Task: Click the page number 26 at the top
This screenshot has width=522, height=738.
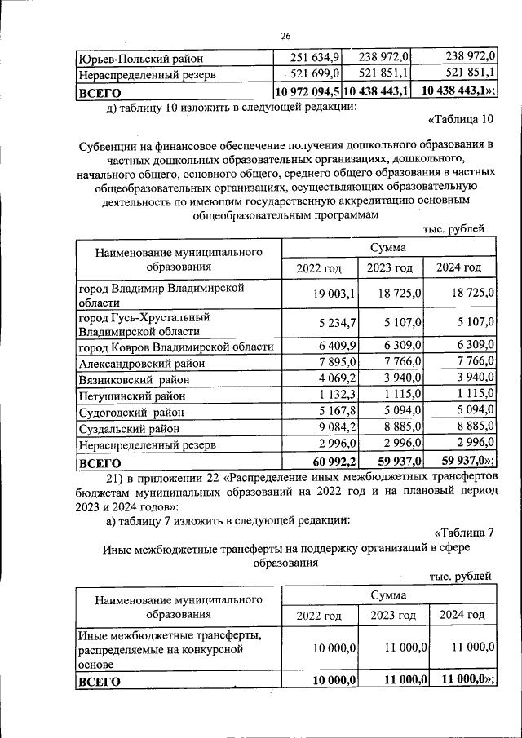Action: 286,35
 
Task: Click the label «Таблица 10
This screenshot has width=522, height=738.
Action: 461,122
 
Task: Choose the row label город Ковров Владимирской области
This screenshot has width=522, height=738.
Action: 175,347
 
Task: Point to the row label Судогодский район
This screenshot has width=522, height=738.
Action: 130,412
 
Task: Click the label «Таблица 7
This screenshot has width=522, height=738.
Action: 464,533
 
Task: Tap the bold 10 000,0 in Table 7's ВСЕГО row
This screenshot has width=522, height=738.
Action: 333,681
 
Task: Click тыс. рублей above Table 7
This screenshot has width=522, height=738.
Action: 461,577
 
